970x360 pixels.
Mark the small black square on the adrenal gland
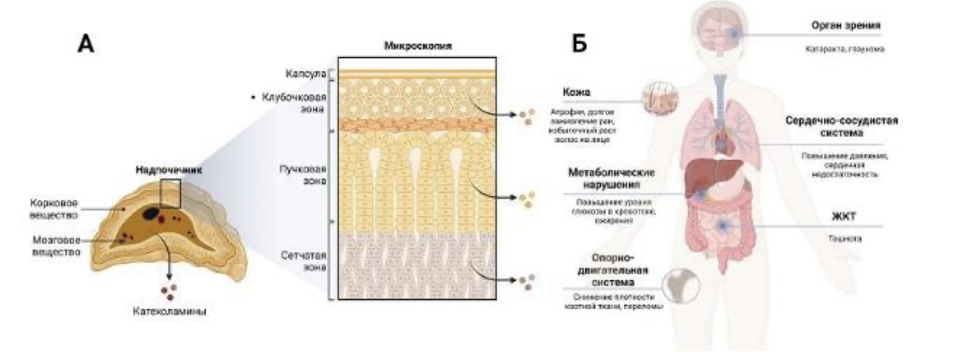click(x=171, y=193)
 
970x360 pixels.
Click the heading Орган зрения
click(x=845, y=25)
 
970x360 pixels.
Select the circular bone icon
click(x=684, y=284)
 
